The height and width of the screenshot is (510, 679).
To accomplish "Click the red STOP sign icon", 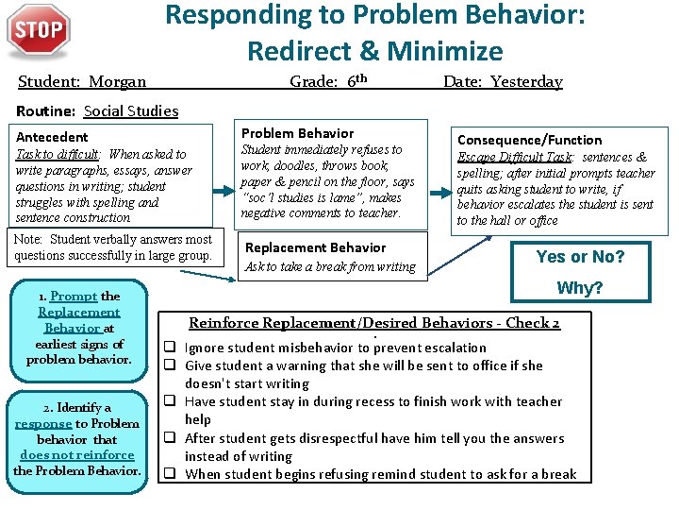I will tap(38, 32).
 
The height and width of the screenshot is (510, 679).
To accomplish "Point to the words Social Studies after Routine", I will tap(131, 111).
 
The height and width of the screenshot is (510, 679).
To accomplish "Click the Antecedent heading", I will tap(53, 137).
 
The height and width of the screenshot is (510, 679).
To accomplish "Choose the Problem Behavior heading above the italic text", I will tap(297, 133).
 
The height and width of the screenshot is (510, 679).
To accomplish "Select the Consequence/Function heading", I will tap(529, 140).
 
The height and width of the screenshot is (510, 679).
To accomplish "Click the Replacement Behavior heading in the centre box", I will tap(315, 247).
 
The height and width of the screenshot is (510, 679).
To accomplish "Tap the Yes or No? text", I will tap(580, 257).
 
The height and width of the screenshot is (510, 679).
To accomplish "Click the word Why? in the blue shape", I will tap(580, 288).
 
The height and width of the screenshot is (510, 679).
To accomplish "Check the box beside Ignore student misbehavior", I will tap(173, 348).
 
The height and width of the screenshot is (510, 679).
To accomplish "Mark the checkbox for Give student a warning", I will tap(173, 365).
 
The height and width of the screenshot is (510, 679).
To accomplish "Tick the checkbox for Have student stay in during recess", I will tap(173, 401).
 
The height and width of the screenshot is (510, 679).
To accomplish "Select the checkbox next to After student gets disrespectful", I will tap(173, 438).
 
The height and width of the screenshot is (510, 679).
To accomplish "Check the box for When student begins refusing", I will tap(173, 474).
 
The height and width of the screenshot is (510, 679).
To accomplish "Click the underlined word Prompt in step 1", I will tap(74, 297).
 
